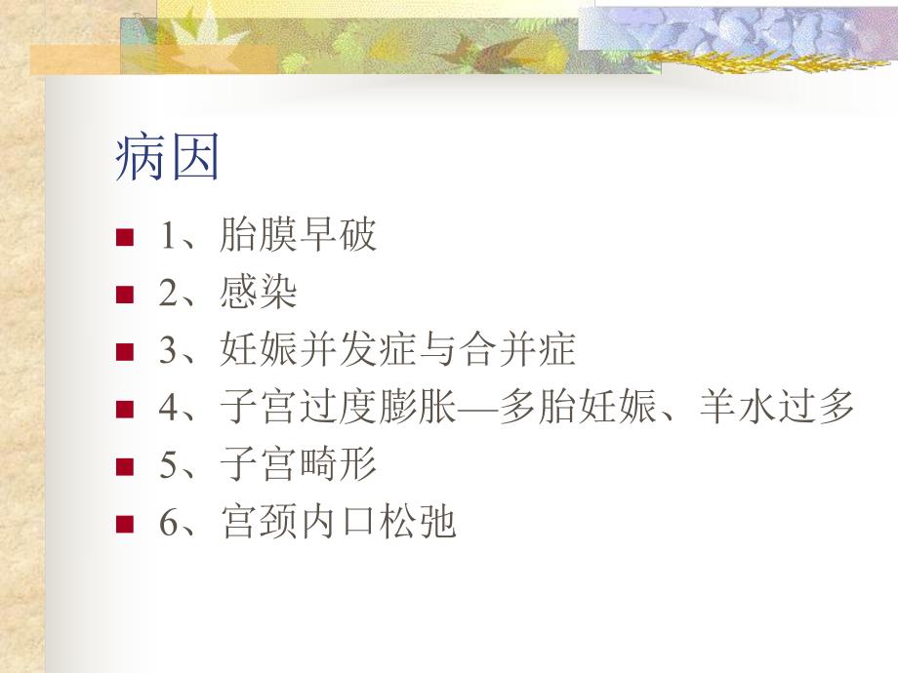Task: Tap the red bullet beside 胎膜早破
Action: [123, 238]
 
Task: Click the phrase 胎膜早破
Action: [299, 237]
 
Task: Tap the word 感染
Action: [259, 294]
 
